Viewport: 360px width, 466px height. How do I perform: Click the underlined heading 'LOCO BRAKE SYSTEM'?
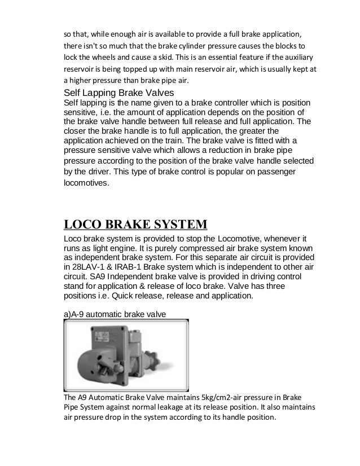(x=135, y=225)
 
